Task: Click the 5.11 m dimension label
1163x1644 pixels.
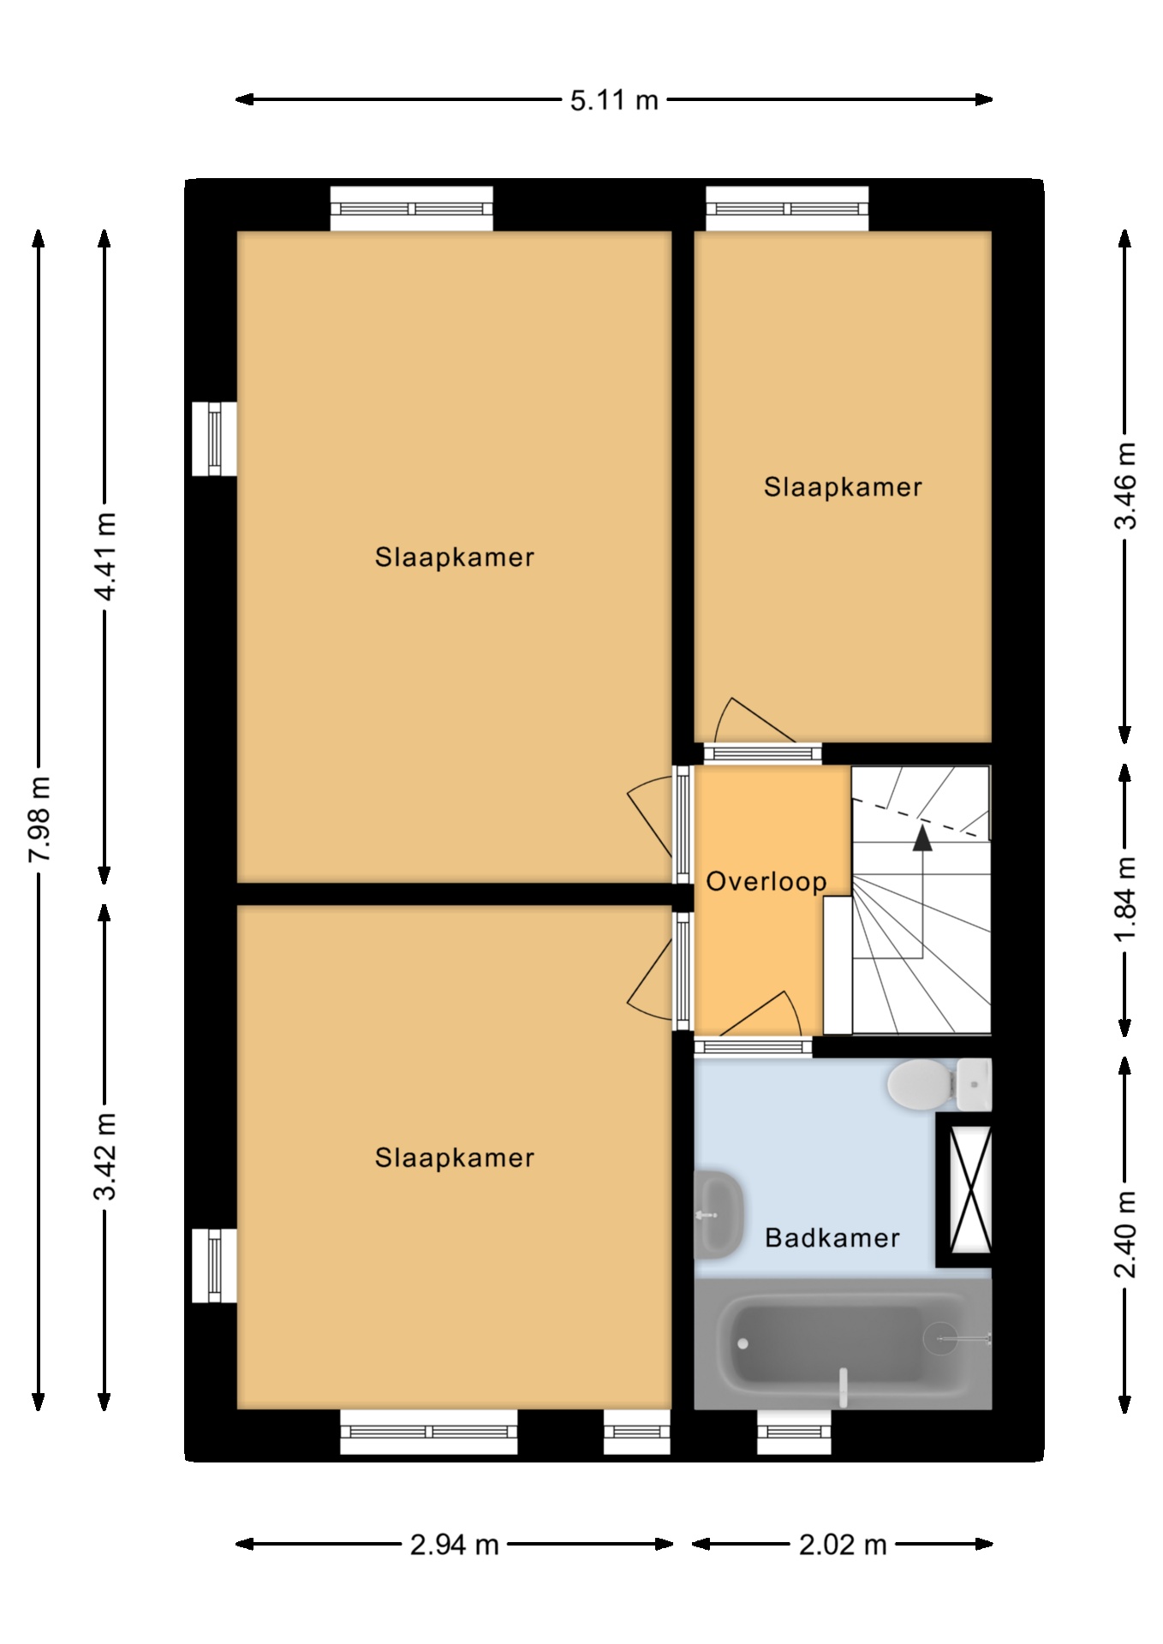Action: (x=614, y=100)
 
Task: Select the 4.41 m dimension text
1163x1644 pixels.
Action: (x=105, y=557)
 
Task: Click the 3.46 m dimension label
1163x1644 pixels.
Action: (x=1125, y=485)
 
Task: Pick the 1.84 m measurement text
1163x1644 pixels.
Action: (x=1125, y=899)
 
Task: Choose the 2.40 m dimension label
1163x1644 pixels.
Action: (x=1125, y=1234)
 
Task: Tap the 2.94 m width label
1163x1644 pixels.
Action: (x=454, y=1545)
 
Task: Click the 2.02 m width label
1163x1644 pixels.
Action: (x=843, y=1545)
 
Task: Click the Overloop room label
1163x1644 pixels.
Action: (x=766, y=882)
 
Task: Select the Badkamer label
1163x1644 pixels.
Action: (x=832, y=1237)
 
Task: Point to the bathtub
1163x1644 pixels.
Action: (x=843, y=1343)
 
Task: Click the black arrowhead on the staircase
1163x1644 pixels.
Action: (x=922, y=837)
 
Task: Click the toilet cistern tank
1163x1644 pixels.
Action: (x=974, y=1085)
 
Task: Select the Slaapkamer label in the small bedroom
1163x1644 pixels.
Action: (x=844, y=487)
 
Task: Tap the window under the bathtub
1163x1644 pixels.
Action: (x=794, y=1433)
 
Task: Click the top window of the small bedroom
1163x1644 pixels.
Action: (x=787, y=209)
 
